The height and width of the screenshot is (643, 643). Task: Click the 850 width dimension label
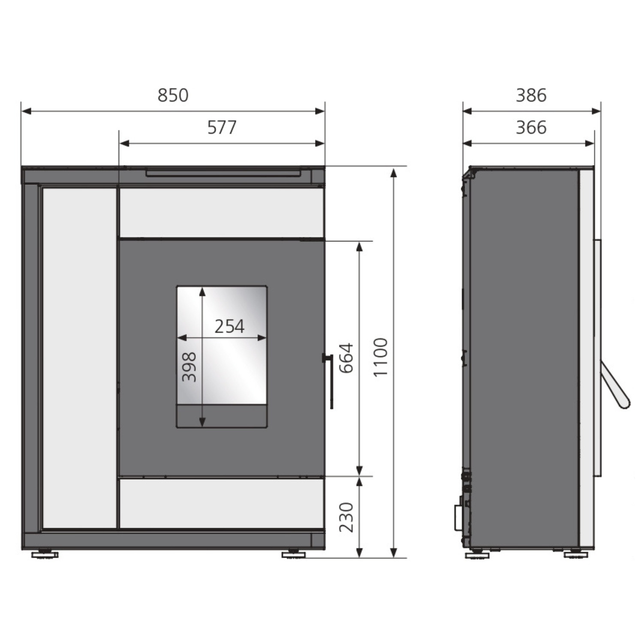point(173,95)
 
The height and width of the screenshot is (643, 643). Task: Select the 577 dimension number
point(222,127)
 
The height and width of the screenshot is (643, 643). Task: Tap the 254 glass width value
point(229,327)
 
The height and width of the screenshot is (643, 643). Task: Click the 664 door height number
point(346,358)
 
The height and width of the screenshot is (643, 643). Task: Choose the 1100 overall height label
point(381,357)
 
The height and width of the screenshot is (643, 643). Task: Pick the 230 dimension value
point(346,517)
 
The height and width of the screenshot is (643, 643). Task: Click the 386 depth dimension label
point(531,95)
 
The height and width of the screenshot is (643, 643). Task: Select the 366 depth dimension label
point(531,127)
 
